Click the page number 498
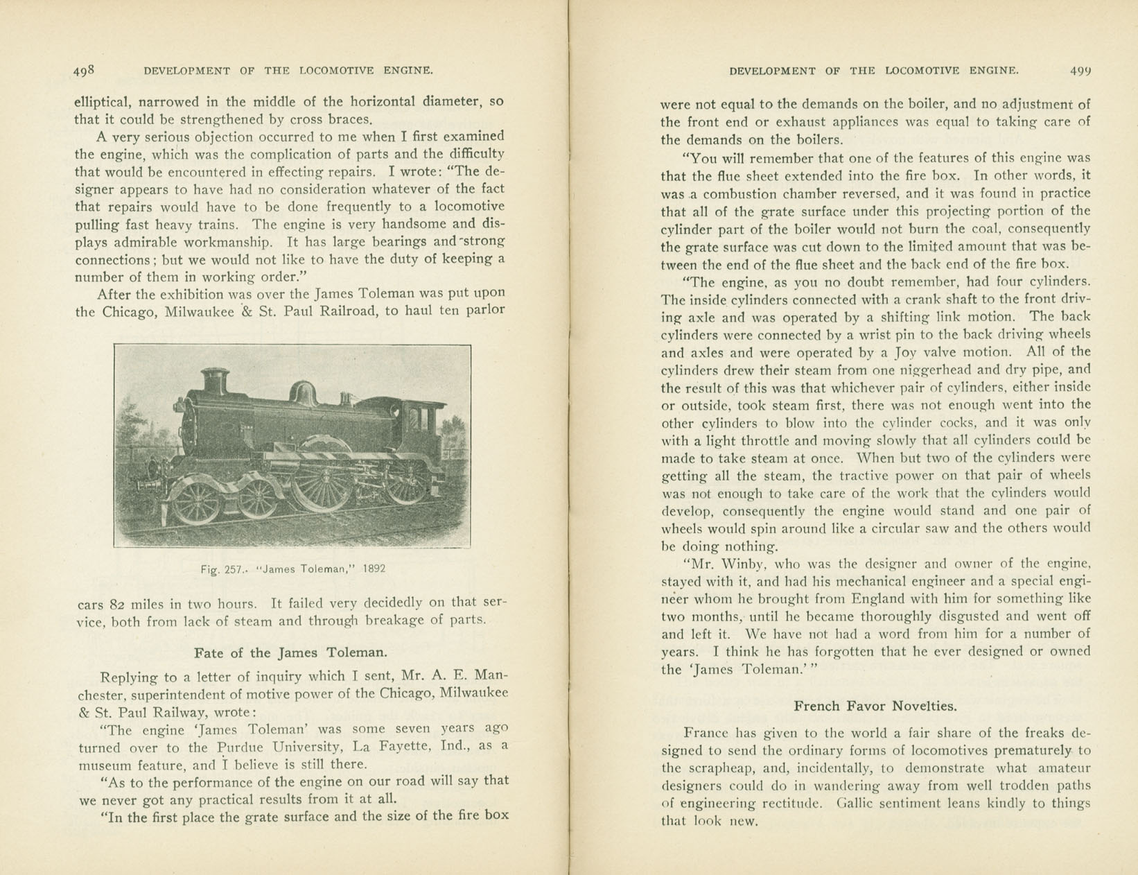(x=84, y=71)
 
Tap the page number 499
(x=1080, y=71)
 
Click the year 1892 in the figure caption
(x=374, y=569)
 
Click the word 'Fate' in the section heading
(x=209, y=652)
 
